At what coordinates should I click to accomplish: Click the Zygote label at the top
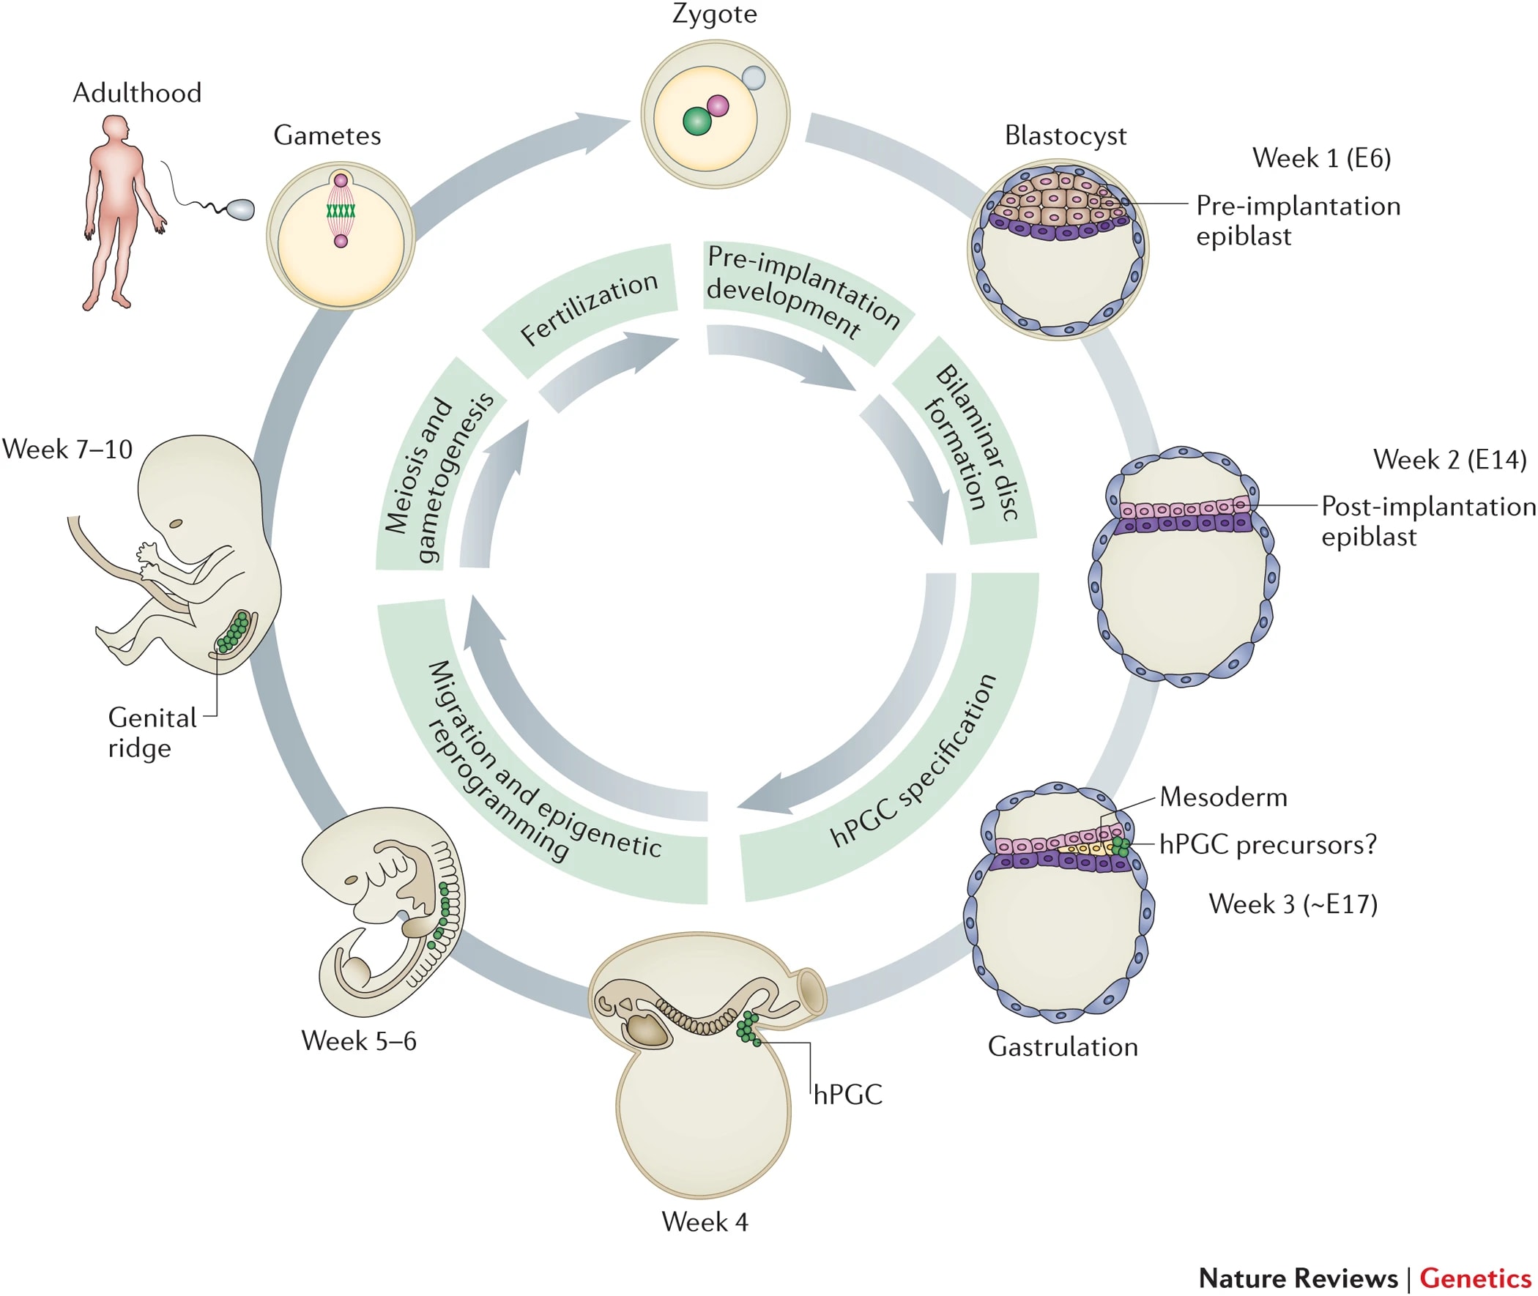tap(714, 14)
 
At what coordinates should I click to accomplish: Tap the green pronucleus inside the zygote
tap(696, 122)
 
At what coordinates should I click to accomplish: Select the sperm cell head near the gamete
tap(241, 210)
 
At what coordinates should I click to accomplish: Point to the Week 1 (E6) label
tap(1321, 159)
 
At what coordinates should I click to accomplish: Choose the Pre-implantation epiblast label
tap(1298, 221)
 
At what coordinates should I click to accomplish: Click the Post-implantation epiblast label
tap(1427, 521)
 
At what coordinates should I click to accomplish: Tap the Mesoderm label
tap(1224, 798)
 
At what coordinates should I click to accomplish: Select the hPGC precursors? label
tap(1268, 845)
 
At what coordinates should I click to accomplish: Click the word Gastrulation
tap(1063, 1047)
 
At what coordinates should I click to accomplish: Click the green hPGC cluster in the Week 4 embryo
tap(748, 1027)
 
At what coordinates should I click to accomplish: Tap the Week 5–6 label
tap(359, 1041)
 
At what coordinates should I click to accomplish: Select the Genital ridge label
tap(152, 732)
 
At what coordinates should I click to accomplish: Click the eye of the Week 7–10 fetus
tap(177, 524)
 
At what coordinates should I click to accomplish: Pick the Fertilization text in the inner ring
tap(588, 308)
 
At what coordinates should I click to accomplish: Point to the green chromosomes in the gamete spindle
tap(341, 211)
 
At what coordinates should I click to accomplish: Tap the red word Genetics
tap(1475, 1278)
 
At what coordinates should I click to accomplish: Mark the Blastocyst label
tap(1065, 136)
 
